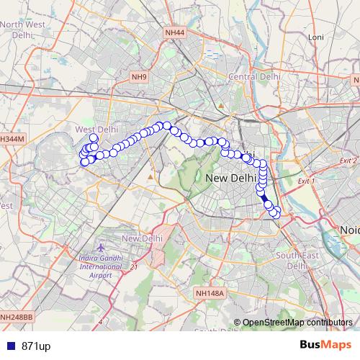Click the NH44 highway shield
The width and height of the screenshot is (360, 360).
tap(174, 32)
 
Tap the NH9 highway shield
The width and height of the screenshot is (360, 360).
tap(139, 77)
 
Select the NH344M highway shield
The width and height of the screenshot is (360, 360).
tap(12, 138)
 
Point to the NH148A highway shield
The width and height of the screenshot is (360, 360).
tap(210, 293)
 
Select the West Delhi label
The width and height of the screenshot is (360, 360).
tap(96, 129)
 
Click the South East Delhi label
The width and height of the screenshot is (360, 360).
tap(296, 260)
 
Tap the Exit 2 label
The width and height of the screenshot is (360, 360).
tap(348, 161)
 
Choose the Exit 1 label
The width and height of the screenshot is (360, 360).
tap(306, 181)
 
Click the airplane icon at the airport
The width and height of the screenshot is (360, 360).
tap(100, 248)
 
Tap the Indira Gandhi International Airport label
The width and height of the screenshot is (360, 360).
tap(100, 266)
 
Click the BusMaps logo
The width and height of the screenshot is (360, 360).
tap(325, 345)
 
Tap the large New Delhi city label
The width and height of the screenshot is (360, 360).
tap(230, 177)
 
